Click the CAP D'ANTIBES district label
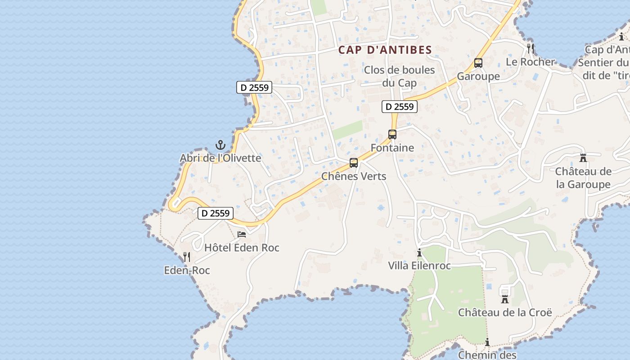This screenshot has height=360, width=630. [x=385, y=50]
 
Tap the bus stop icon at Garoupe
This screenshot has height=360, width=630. [x=478, y=63]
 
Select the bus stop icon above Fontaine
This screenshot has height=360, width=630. [x=392, y=135]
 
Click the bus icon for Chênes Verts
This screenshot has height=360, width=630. [x=354, y=163]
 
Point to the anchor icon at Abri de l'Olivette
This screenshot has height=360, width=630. [x=220, y=145]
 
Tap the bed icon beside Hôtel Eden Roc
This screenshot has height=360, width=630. [x=242, y=234]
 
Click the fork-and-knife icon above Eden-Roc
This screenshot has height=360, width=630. [x=187, y=257]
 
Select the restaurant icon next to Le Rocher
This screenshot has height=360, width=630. [x=531, y=48]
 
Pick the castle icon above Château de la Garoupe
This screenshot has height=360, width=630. [x=583, y=158]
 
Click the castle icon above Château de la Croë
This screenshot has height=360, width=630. [x=505, y=299]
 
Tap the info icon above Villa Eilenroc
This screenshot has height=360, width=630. [x=419, y=253]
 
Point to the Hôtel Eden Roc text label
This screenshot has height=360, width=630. [x=242, y=247]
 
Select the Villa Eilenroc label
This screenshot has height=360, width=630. [x=419, y=265]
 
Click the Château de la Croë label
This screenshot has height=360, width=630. [x=505, y=312]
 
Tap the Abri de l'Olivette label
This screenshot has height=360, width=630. [x=220, y=158]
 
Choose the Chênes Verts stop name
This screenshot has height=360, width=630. [x=354, y=176]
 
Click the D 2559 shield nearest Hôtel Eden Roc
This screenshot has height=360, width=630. [x=216, y=213]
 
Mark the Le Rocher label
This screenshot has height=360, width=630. [x=531, y=62]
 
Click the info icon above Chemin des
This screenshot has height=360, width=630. [x=487, y=342]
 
